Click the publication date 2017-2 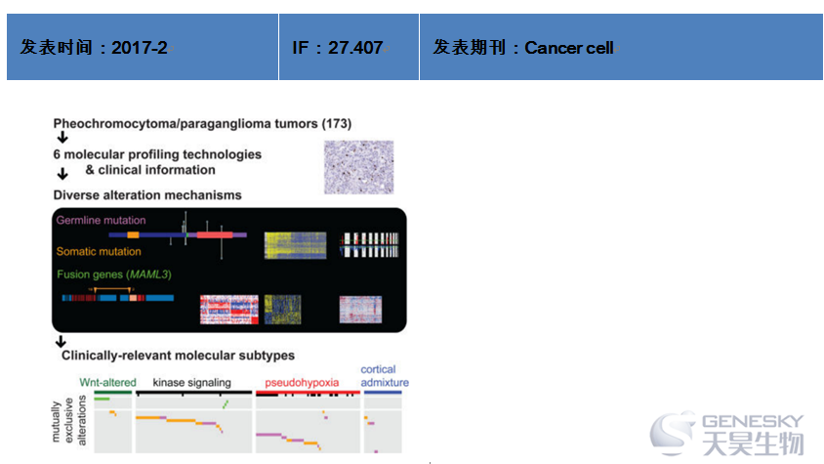point(140,48)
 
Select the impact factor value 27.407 point(355,48)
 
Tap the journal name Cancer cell point(569,48)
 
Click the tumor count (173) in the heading point(336,124)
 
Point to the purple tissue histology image point(359,167)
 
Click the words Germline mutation point(101,221)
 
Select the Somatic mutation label point(99,251)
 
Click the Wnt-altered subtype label point(107,383)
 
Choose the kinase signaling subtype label point(191,383)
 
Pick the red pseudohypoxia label point(302,383)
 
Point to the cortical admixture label point(385,376)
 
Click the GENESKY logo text point(753,421)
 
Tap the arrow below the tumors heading point(62,138)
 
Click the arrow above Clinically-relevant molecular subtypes point(61,342)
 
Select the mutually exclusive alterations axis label point(69,421)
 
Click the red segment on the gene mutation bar point(215,234)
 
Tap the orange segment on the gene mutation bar point(133,234)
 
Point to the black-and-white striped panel point(369,245)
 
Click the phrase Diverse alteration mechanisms point(147,195)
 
